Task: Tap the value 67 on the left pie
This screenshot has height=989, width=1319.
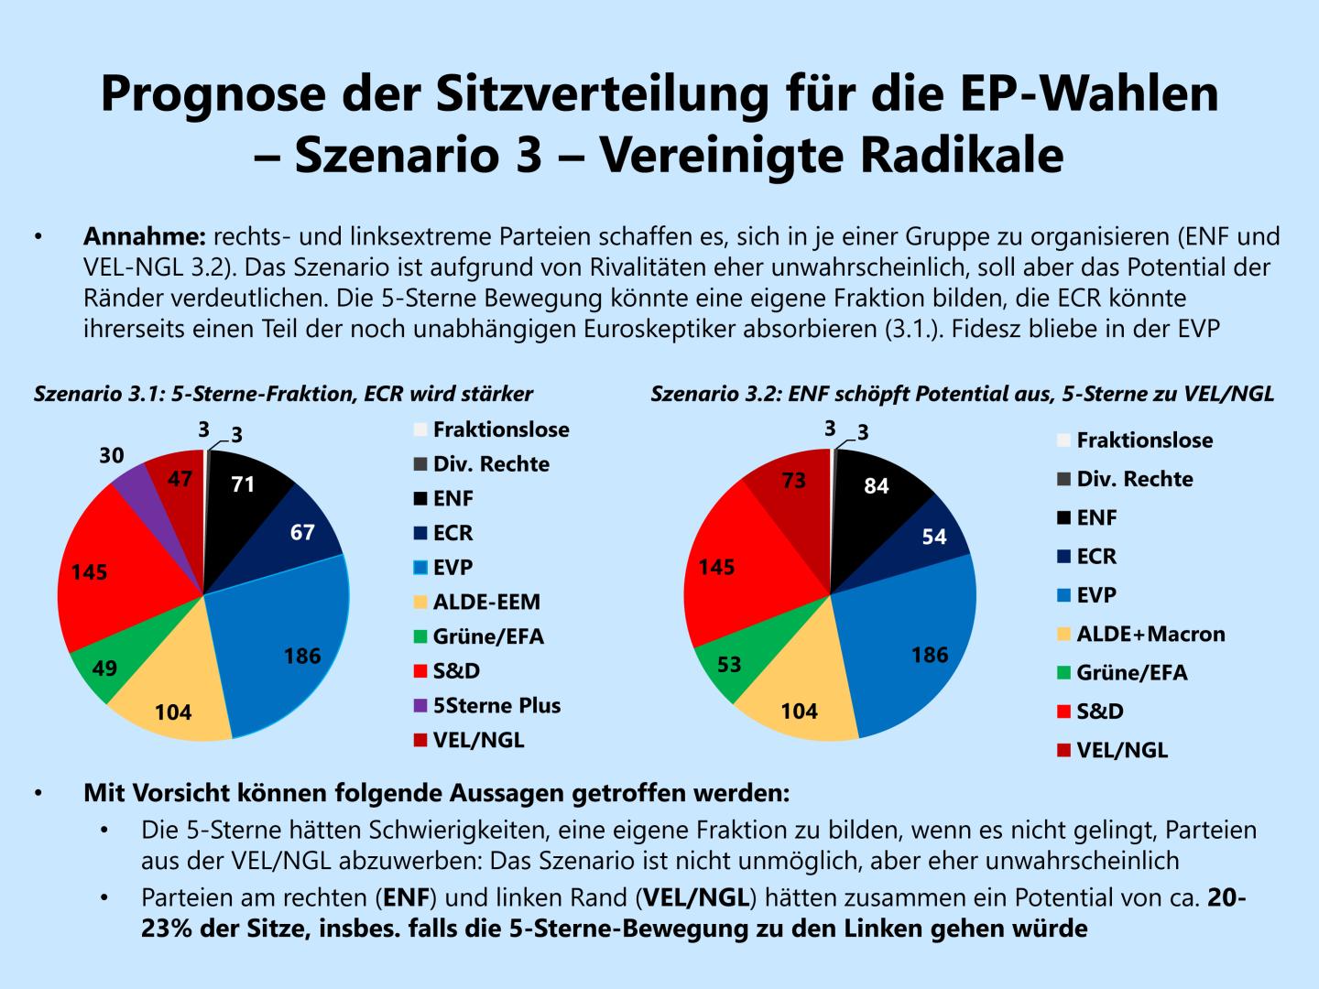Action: tap(302, 532)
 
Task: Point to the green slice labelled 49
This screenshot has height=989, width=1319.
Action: tap(104, 668)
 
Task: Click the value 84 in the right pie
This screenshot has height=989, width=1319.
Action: tap(877, 486)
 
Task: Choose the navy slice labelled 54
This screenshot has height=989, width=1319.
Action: tap(934, 536)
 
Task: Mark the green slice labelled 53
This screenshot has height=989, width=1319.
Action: tap(729, 664)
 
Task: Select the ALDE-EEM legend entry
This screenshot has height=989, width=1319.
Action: tap(485, 602)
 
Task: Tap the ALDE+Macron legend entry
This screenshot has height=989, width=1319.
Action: tap(1150, 634)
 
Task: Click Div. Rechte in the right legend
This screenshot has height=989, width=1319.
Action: tap(1134, 479)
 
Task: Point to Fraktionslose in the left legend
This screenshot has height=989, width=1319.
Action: tap(500, 429)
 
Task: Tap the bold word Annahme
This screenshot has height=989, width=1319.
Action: tap(144, 237)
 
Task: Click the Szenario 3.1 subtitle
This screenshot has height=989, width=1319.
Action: tap(283, 395)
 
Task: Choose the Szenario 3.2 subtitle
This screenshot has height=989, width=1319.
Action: tap(962, 395)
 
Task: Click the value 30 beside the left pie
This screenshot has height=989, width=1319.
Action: tap(112, 455)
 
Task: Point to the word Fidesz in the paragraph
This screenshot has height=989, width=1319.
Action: tap(981, 329)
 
